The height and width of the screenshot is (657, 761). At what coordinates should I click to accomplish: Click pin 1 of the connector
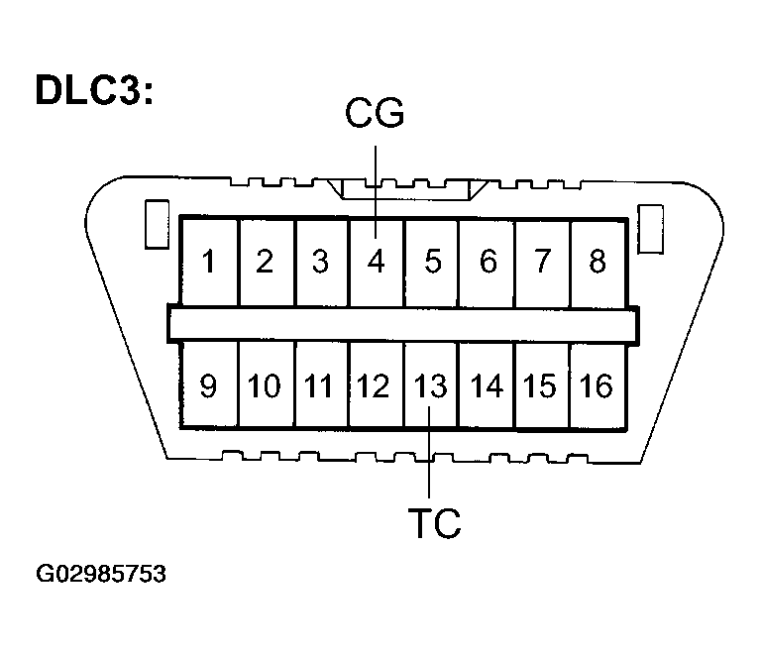(x=208, y=262)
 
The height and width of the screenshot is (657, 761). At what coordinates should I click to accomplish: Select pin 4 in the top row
(x=377, y=262)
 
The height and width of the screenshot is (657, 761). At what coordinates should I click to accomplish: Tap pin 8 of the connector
(x=597, y=262)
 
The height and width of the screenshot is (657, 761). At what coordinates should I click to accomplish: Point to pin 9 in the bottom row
(x=208, y=385)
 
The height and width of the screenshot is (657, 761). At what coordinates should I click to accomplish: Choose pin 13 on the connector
(x=430, y=385)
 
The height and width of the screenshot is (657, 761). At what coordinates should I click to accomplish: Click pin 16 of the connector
(x=597, y=385)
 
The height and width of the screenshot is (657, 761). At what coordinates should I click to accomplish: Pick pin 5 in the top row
(x=432, y=262)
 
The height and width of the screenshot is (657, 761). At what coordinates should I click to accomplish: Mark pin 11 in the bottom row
(x=319, y=385)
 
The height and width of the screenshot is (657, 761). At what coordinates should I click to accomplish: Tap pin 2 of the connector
(x=265, y=262)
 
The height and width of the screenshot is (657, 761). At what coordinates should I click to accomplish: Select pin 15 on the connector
(x=541, y=385)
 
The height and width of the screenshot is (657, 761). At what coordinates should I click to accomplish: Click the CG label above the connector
(x=376, y=115)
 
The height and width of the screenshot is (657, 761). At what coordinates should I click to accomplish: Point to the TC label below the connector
(x=434, y=522)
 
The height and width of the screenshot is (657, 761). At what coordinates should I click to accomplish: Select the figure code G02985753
(x=101, y=575)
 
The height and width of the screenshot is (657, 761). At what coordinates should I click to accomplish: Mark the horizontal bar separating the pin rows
(x=402, y=324)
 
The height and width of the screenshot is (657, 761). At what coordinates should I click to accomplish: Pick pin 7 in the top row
(x=542, y=262)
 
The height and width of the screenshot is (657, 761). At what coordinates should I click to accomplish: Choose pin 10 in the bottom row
(x=265, y=385)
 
